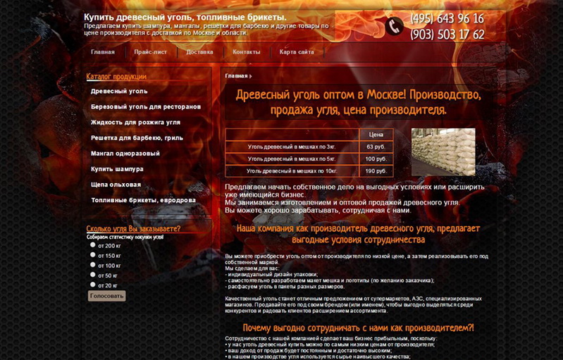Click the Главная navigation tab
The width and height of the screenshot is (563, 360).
[x=103, y=52]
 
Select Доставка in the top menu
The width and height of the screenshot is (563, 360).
[x=199, y=52]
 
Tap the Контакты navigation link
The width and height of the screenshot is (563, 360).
[x=246, y=52]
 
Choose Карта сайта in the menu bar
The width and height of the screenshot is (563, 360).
[x=297, y=52]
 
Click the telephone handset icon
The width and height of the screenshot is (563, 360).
[x=394, y=27]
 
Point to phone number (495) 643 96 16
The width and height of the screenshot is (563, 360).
[x=447, y=19]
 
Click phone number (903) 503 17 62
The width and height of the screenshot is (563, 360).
[x=447, y=35]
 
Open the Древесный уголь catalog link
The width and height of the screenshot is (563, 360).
[x=119, y=91]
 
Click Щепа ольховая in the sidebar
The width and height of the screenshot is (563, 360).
[x=116, y=184]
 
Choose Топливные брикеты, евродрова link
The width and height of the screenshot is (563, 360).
[x=143, y=200]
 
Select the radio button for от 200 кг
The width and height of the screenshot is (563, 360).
[x=92, y=245]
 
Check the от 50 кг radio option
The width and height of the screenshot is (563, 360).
[x=92, y=275]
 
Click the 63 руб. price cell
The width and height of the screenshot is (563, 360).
[x=376, y=147]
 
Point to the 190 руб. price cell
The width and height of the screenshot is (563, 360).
[x=376, y=170]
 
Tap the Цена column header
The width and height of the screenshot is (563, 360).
[x=376, y=134]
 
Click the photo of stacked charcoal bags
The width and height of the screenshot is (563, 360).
[x=443, y=151]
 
